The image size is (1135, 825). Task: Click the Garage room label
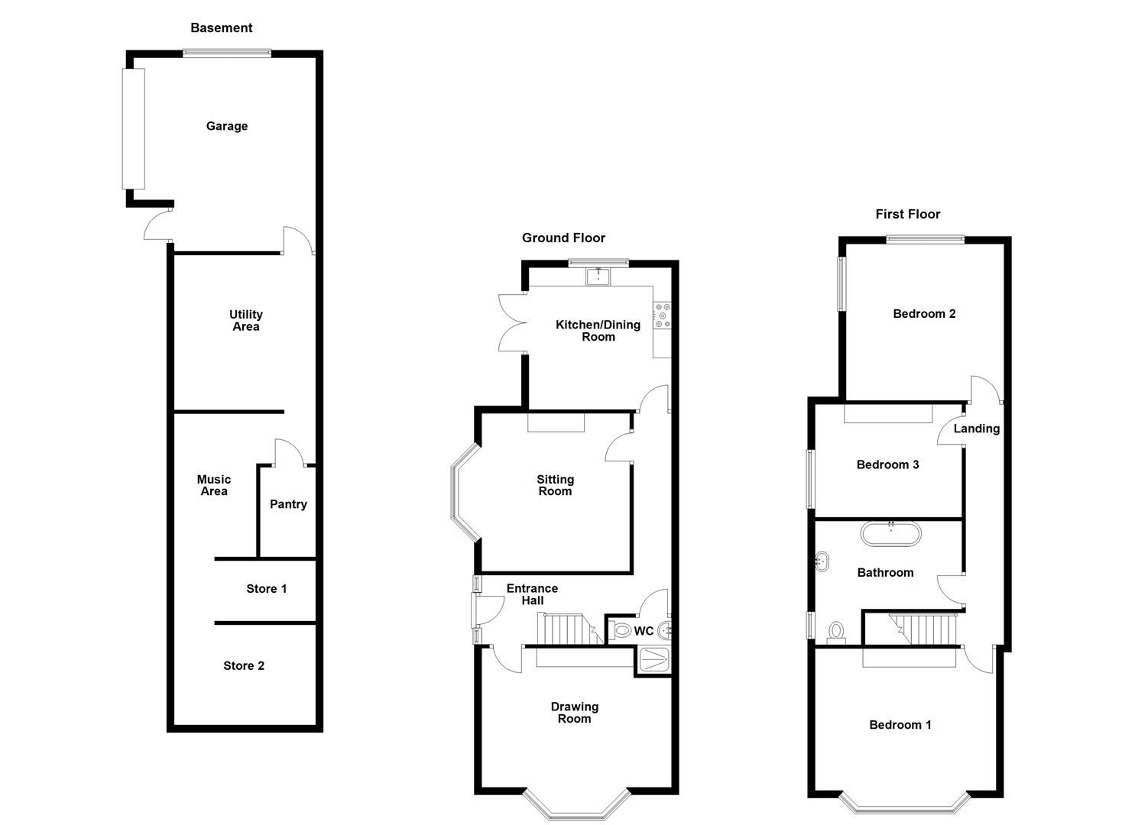(x=227, y=126)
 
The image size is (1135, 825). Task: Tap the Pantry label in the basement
(x=288, y=504)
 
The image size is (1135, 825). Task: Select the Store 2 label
(x=244, y=666)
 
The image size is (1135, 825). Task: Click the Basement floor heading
(x=221, y=28)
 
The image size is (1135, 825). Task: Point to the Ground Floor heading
(x=563, y=238)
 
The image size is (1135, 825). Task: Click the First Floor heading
(x=907, y=215)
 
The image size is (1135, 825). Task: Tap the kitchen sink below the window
(x=597, y=277)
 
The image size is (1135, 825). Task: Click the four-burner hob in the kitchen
(x=662, y=315)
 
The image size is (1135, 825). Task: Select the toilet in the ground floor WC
(x=621, y=631)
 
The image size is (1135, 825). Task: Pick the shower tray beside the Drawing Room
(x=653, y=661)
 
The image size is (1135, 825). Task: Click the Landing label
(x=976, y=429)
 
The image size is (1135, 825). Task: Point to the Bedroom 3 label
(x=887, y=464)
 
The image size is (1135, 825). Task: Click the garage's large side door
(x=134, y=128)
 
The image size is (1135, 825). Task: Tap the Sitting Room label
(x=555, y=486)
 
